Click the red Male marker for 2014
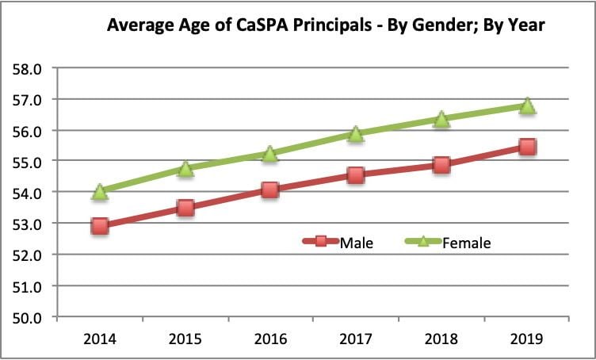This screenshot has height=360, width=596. [x=100, y=226]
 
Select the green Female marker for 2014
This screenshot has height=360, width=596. [x=100, y=191]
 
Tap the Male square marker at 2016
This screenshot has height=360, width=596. [x=270, y=190]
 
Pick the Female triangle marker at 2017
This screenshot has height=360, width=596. [x=356, y=134]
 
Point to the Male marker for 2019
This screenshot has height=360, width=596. [x=527, y=147]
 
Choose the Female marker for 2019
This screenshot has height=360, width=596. [x=527, y=105]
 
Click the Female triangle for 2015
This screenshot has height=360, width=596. [x=185, y=168]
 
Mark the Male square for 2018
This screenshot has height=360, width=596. [x=441, y=165]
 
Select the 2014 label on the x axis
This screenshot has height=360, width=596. [x=100, y=339]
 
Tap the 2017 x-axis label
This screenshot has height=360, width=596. [x=356, y=339]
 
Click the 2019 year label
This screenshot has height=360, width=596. [x=527, y=339]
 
